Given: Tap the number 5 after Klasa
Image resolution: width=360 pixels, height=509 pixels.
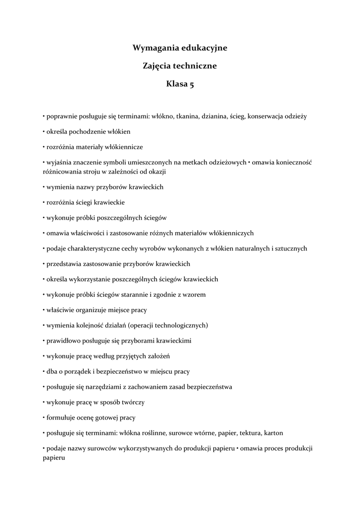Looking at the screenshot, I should [x=191, y=84].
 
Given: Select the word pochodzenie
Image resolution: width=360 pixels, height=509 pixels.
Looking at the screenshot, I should [x=92, y=132].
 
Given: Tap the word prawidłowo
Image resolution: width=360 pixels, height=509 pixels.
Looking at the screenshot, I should [x=62, y=340].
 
